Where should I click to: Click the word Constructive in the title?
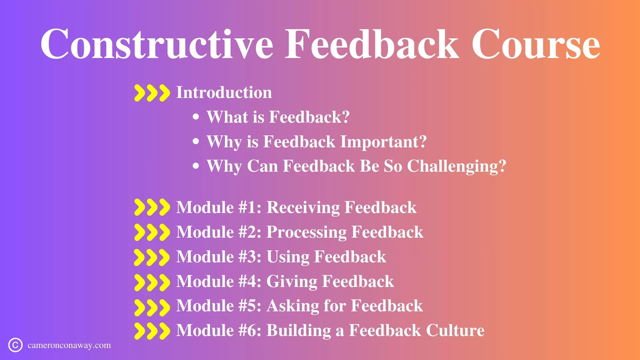tap(157, 44)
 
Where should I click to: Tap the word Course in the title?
tap(536, 44)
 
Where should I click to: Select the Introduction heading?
tap(224, 92)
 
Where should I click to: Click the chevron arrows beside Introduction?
tap(152, 93)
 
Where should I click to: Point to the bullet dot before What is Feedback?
tap(196, 117)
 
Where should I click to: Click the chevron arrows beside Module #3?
tap(152, 257)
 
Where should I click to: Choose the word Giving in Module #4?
tap(292, 282)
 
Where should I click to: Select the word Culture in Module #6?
tap(455, 330)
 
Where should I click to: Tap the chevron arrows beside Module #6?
tap(152, 331)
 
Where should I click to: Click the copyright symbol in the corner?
tap(15, 345)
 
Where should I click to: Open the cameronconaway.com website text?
tap(69, 345)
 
